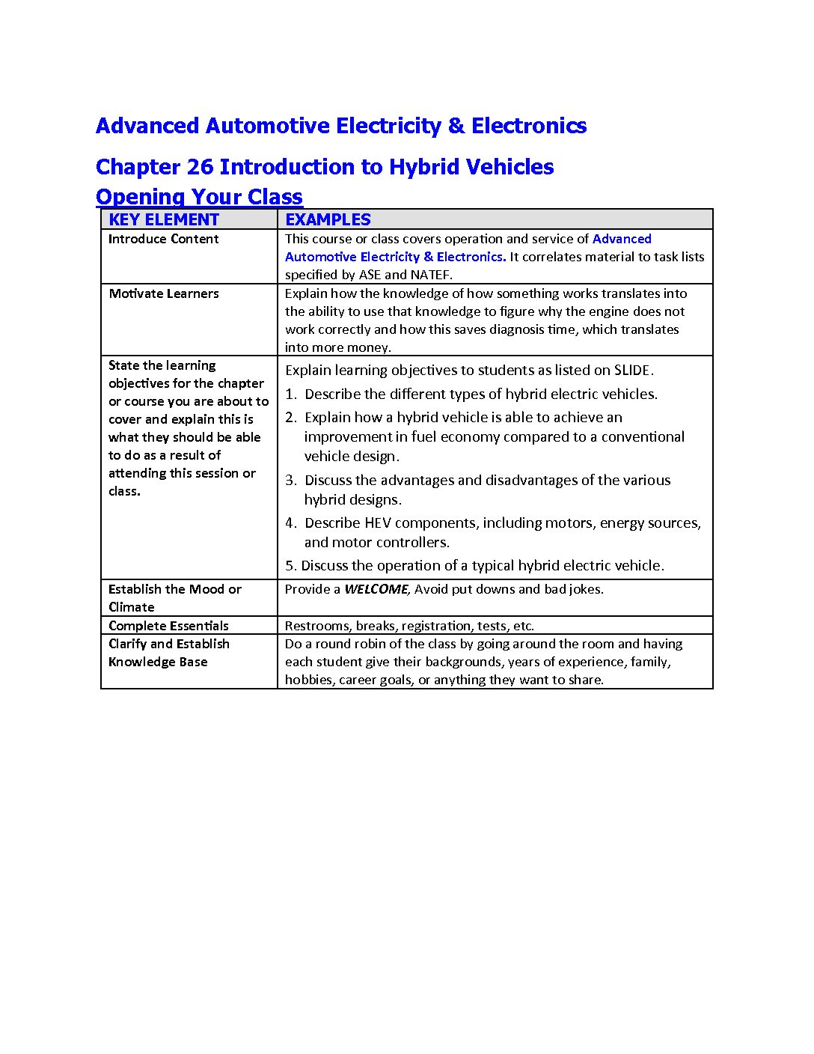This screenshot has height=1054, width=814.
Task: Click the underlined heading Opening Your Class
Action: pos(199,197)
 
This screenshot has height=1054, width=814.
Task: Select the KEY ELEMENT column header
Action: pos(164,219)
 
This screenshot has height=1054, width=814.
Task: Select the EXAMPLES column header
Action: pos(328,219)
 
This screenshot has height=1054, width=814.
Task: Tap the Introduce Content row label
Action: pos(163,239)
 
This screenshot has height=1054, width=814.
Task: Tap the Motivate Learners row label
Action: pos(163,293)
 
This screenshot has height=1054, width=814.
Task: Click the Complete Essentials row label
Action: pos(168,626)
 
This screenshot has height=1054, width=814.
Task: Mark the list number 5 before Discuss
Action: pos(290,566)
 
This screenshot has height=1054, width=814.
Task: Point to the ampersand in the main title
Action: pos(456,126)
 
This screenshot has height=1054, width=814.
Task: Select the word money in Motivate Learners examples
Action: pos(372,347)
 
